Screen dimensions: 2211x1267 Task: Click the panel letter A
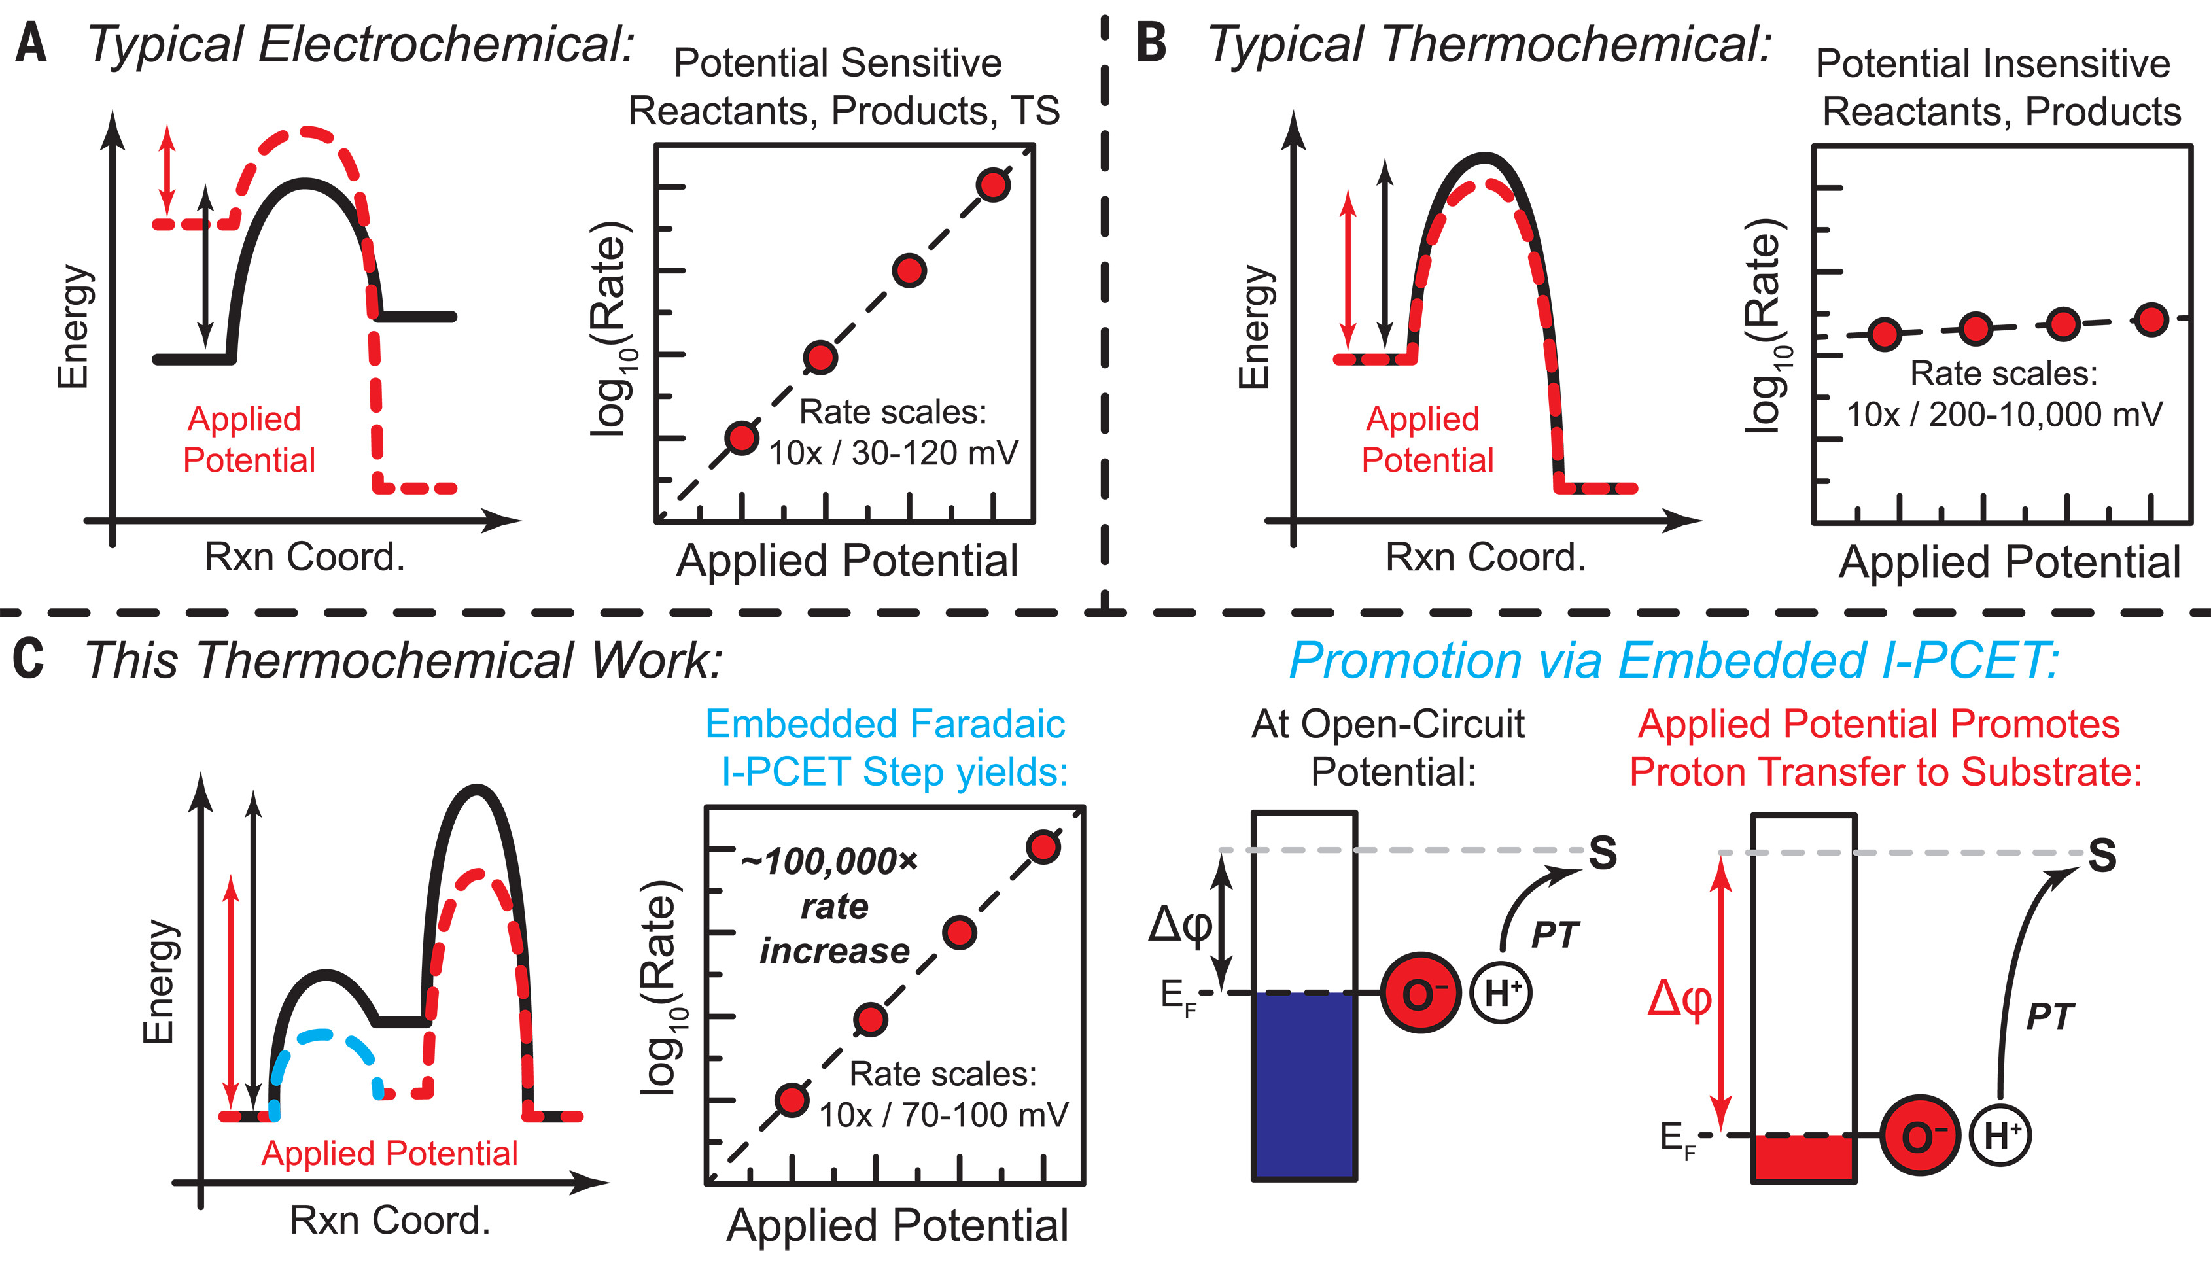31,44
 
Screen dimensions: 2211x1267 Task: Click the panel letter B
1151,44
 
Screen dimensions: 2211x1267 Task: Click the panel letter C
28,659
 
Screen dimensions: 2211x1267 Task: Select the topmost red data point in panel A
993,185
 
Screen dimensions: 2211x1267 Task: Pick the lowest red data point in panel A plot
741,438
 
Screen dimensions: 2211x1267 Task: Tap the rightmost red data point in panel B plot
2153,319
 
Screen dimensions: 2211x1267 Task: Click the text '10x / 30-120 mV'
893,453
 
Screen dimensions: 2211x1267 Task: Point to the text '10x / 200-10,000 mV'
2004,414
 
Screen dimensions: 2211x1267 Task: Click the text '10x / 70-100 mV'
943,1115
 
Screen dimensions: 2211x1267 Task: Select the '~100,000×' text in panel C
829,861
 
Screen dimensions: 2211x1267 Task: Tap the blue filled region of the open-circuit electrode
1304,1085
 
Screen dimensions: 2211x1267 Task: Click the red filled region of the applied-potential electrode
1803,1157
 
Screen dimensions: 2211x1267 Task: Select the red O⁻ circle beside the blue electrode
1420,993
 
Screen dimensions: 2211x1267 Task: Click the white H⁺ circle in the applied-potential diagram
2000,1136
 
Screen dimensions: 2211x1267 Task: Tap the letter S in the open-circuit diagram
1603,853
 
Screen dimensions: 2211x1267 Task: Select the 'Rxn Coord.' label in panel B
1486,557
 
